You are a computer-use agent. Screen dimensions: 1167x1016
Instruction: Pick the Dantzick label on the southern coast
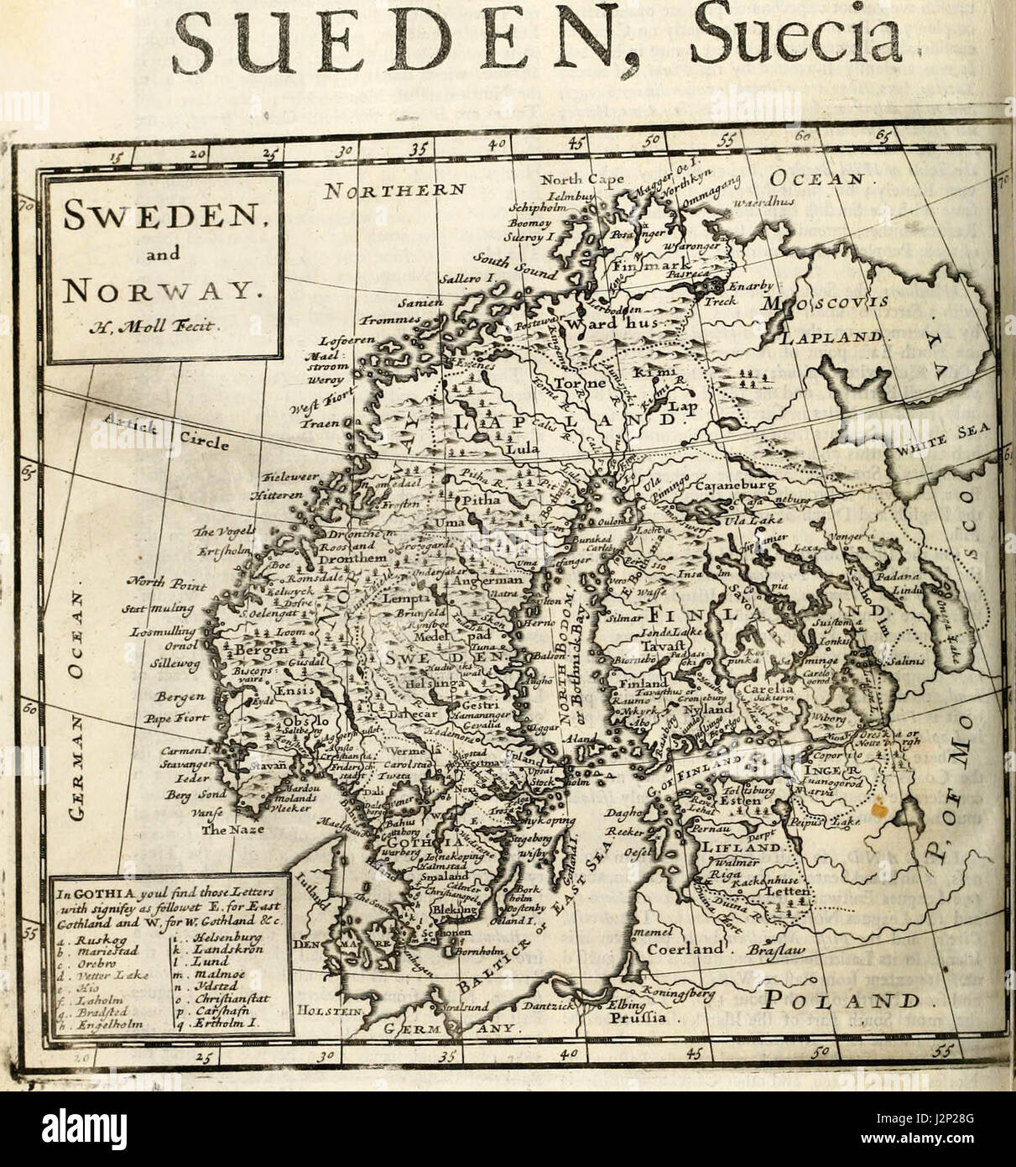(x=548, y=1004)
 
